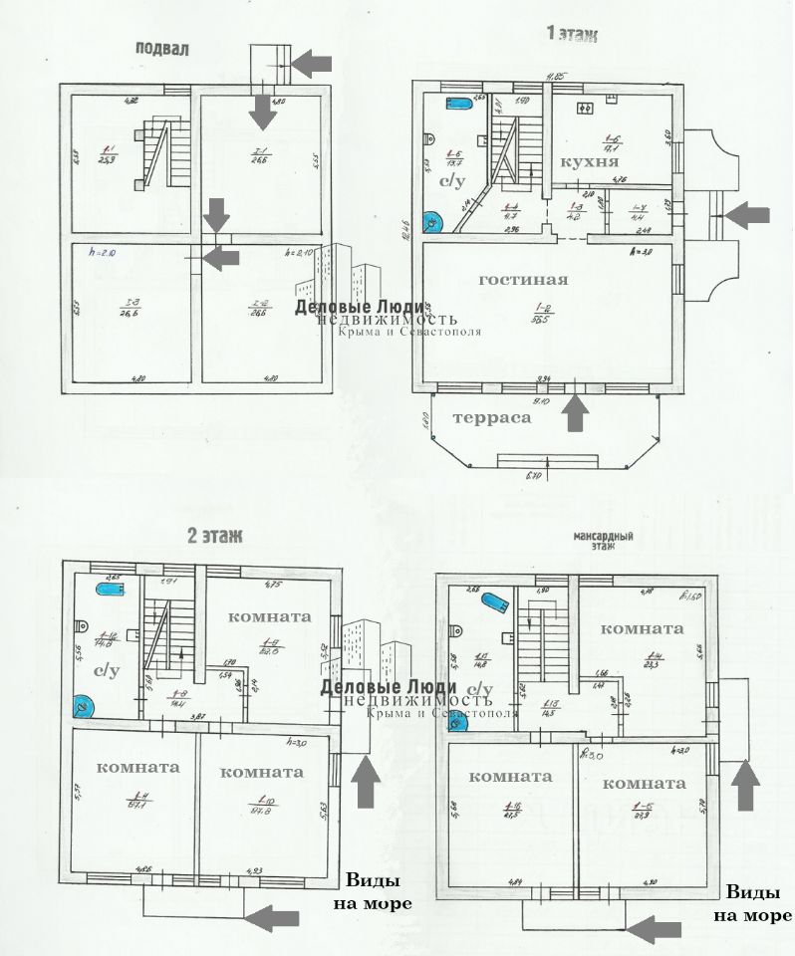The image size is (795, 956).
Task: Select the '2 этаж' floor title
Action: click(x=214, y=537)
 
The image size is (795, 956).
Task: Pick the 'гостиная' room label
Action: click(x=523, y=280)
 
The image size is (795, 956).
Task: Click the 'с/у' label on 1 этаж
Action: click(x=453, y=182)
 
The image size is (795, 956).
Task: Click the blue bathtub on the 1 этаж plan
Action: click(x=460, y=104)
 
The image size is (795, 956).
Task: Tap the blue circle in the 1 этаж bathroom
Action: click(x=433, y=222)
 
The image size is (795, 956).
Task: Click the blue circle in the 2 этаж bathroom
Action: click(x=82, y=708)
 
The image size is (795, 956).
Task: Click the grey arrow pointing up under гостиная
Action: click(x=574, y=413)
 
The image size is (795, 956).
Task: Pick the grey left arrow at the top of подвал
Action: click(x=314, y=63)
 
